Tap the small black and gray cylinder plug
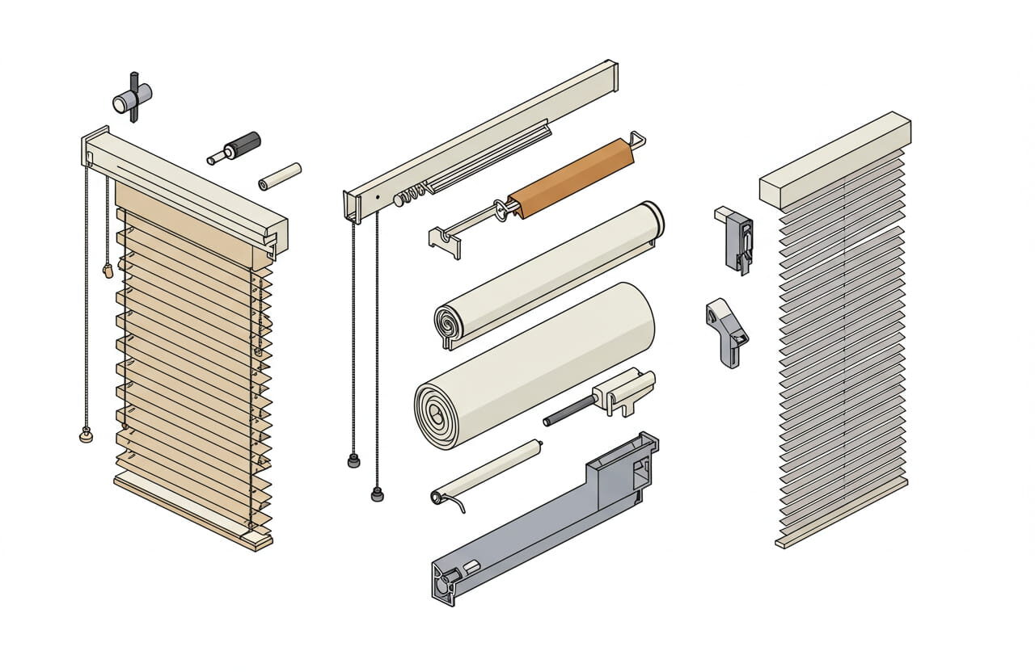(x=239, y=147)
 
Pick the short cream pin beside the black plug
(x=280, y=177)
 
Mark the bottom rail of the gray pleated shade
(x=841, y=514)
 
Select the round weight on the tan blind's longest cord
(x=86, y=436)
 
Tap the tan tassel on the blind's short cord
(x=108, y=271)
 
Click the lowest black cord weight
(x=377, y=493)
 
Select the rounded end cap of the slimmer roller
(x=652, y=219)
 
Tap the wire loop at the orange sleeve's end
(x=637, y=141)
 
